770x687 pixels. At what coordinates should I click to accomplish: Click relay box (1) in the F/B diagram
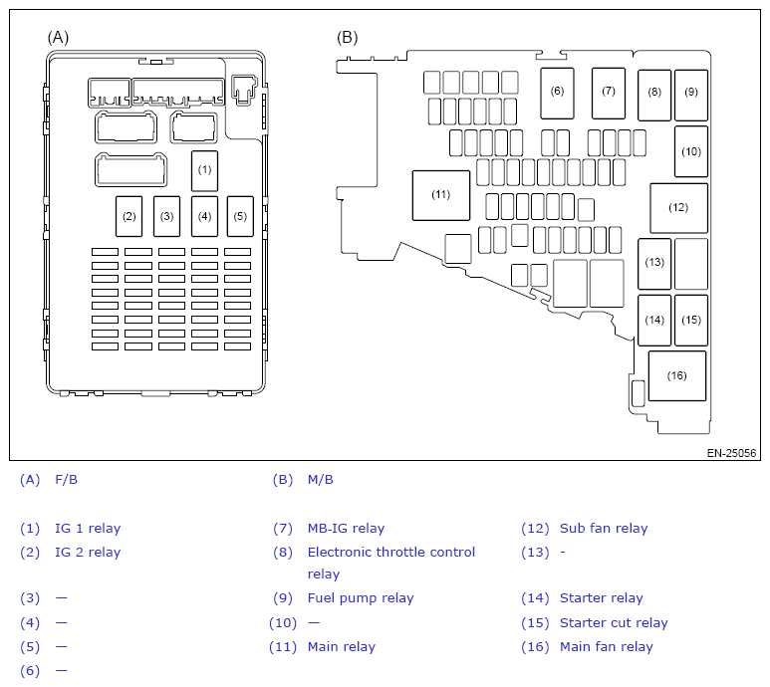tap(204, 170)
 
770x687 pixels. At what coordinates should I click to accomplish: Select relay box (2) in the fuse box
tap(128, 216)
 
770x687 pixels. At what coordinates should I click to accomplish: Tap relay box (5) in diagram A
tap(239, 216)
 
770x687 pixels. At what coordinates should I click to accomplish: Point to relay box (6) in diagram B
tap(557, 92)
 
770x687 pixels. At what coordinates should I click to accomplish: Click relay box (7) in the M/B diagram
tap(608, 92)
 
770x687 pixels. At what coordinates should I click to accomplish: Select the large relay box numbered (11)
tap(441, 195)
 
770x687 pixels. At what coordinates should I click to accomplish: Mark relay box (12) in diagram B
tap(678, 208)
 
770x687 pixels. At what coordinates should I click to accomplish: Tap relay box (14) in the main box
tap(654, 321)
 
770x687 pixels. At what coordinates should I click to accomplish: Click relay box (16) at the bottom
tap(676, 376)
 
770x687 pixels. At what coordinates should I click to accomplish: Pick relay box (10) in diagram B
tap(690, 151)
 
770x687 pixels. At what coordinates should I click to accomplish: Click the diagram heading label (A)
tap(59, 37)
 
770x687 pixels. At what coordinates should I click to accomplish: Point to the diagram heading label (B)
tap(347, 37)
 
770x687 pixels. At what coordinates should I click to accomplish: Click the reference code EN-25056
tap(732, 453)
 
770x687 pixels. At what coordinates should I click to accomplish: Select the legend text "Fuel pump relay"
tap(360, 598)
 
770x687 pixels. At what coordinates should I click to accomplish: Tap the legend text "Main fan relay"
tap(606, 647)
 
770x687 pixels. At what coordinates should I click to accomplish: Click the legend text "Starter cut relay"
tap(614, 623)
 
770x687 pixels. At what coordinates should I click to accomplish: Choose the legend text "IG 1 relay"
tap(88, 529)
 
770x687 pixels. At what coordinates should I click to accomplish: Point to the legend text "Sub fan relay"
tap(604, 529)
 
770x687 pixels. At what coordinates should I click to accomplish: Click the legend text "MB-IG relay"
tap(346, 529)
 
